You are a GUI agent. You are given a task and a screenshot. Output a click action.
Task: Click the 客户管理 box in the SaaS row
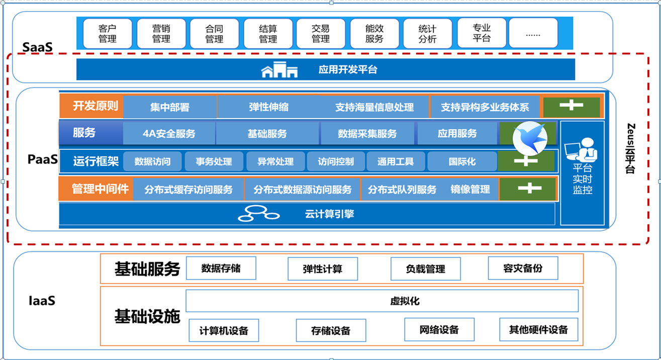coord(108,34)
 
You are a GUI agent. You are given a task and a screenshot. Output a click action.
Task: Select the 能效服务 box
coord(374,34)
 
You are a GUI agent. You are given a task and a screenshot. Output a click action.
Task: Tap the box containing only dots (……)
coord(533,34)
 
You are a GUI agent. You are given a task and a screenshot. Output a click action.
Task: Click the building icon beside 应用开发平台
coord(279,70)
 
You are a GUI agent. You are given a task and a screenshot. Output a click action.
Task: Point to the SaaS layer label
coord(37,48)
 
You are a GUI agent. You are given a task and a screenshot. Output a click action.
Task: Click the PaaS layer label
coord(43,160)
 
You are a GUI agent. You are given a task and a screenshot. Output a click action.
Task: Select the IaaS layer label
coord(42,301)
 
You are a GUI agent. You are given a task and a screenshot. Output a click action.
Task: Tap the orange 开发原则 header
coord(91,106)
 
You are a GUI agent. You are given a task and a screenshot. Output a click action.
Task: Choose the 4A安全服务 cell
coord(169,134)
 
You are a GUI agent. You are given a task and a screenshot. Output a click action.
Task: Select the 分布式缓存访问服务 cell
coord(188,190)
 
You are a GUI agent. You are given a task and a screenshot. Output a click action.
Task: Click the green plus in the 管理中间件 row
coord(528,189)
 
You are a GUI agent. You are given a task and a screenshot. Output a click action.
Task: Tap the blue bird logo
coord(530,137)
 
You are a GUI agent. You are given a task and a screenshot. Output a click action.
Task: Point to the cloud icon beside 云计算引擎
coord(258,214)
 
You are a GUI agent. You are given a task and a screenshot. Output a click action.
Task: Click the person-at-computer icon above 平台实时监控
coord(582,151)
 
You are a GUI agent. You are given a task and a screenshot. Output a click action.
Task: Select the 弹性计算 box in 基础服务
coord(322,269)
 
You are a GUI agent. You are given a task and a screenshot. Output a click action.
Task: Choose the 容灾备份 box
coord(523,268)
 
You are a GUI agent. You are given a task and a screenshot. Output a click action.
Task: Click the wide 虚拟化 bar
coord(382,301)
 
